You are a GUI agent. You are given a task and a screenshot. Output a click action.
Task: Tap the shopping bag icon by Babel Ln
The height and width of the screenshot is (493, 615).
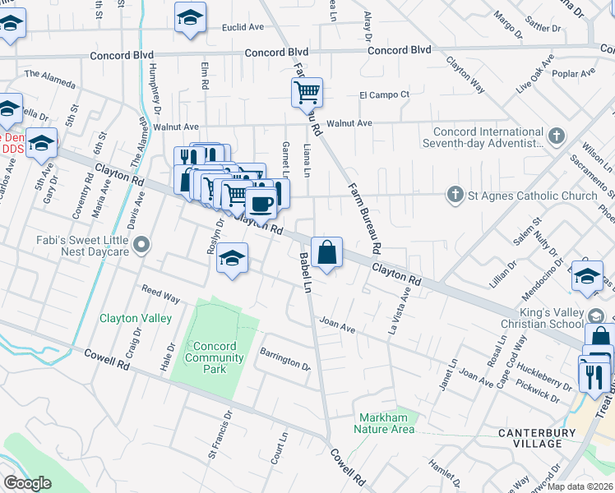click(x=327, y=251)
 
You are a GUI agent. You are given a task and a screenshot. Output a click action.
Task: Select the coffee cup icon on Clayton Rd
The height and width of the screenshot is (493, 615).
click(x=261, y=201)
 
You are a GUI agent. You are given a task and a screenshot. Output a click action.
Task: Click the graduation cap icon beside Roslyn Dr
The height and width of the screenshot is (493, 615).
click(x=233, y=259)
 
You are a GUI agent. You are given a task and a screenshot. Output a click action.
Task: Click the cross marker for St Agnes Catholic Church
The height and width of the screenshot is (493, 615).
click(x=454, y=196)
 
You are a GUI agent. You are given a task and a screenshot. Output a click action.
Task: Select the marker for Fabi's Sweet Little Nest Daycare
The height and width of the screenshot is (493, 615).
click(x=143, y=244)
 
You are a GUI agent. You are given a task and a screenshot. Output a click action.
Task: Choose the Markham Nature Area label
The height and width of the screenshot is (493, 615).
click(x=384, y=423)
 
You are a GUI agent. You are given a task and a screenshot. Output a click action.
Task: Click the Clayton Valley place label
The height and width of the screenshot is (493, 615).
click(x=136, y=318)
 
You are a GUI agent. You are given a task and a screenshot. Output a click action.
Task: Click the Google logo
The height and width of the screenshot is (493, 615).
click(x=27, y=482)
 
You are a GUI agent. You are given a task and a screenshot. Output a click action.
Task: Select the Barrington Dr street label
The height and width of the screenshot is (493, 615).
click(x=285, y=360)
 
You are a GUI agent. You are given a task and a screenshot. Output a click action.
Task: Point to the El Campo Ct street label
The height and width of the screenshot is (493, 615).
click(x=384, y=95)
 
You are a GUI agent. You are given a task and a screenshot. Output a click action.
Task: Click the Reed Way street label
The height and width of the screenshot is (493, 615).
click(x=160, y=293)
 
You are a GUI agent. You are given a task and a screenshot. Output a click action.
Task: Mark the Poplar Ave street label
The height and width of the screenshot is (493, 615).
click(x=576, y=73)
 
